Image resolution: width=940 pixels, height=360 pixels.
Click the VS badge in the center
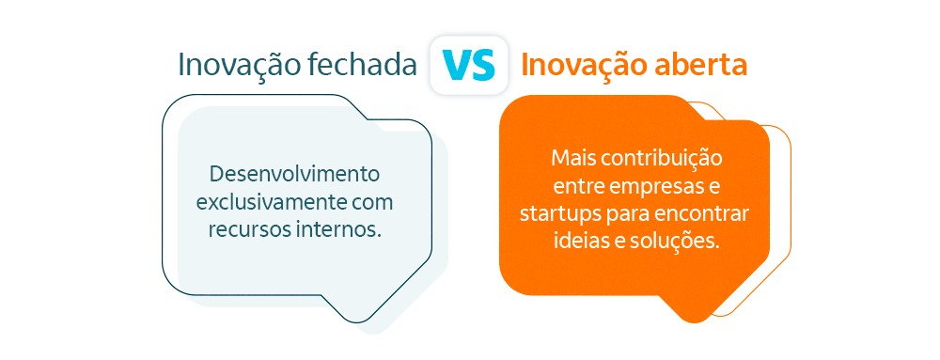(469, 65)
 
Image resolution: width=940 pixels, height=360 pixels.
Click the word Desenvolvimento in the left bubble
(294, 175)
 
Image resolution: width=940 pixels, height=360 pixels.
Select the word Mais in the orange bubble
(572, 156)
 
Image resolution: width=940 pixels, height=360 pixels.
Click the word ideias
(577, 240)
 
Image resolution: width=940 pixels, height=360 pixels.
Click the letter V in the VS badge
(457, 65)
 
